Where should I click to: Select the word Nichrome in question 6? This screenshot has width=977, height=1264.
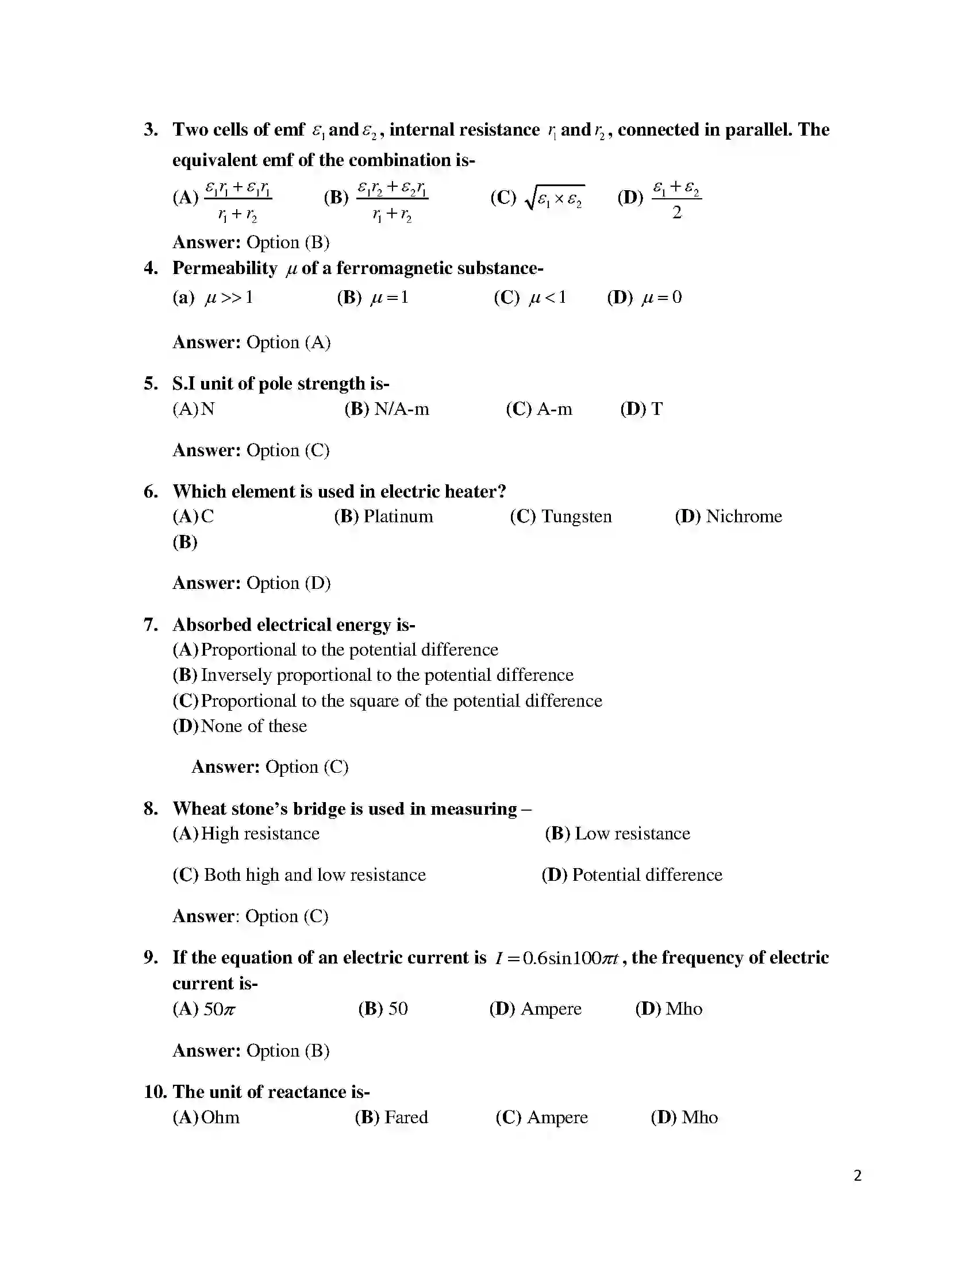(744, 517)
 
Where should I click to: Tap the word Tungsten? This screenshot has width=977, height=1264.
(576, 517)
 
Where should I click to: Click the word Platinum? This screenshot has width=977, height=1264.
(398, 517)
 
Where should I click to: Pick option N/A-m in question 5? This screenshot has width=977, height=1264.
(402, 409)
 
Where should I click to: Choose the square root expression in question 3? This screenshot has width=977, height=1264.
(555, 198)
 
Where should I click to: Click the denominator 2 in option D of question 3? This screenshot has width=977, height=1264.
(676, 213)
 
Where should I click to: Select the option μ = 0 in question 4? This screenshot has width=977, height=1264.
(661, 298)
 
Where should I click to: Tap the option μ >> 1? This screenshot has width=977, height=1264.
(229, 298)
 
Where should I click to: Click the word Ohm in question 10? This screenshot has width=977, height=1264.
(221, 1117)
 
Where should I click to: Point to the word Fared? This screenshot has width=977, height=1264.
(406, 1117)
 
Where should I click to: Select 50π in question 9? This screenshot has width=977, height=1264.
(220, 1009)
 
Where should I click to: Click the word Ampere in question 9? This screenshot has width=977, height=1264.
(551, 1009)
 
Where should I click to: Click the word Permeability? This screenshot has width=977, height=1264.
(225, 268)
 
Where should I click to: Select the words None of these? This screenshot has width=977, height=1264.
(254, 726)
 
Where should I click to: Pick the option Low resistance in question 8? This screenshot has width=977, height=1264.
(632, 834)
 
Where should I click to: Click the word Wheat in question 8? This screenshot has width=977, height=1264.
(197, 808)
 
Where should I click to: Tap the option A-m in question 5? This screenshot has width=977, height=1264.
(555, 409)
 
